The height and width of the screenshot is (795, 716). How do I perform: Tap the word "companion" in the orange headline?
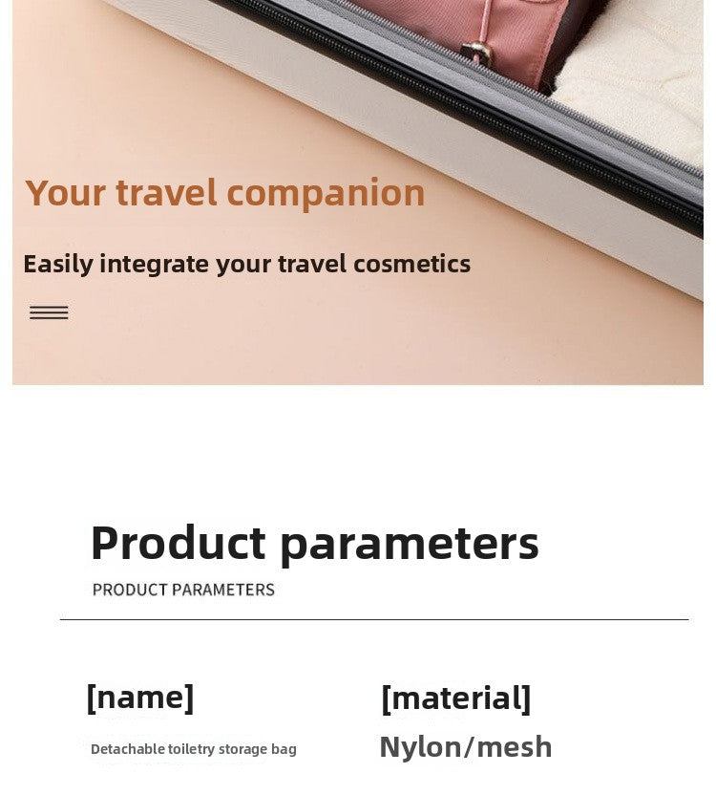click(x=326, y=194)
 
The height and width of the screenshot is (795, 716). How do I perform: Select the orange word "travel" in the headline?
click(x=166, y=194)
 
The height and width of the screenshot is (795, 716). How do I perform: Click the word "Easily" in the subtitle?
click(x=56, y=264)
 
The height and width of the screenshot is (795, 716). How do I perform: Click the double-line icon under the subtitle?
click(x=49, y=312)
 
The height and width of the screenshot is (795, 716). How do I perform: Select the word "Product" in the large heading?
click(x=178, y=543)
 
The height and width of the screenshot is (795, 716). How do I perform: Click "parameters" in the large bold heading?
click(x=409, y=545)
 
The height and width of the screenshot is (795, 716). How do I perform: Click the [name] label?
click(x=140, y=698)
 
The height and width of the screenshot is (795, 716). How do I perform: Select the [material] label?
click(x=455, y=698)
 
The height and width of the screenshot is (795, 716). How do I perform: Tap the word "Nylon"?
click(x=420, y=747)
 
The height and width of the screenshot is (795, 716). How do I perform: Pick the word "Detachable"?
click(x=127, y=749)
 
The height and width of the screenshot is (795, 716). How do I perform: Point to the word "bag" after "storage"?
click(x=283, y=750)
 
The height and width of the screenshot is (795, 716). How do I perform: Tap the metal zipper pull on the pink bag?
click(x=474, y=52)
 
